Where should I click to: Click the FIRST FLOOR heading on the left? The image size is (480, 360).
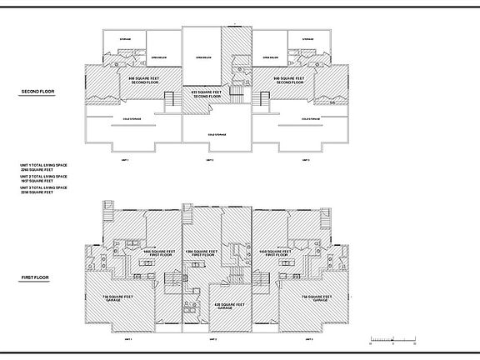pyautogui.click(x=35, y=277)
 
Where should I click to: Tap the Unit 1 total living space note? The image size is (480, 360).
pyautogui.click(x=43, y=167)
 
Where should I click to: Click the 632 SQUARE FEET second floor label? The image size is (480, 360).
pyautogui.click(x=207, y=94)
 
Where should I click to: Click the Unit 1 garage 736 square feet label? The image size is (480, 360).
pyautogui.click(x=117, y=297)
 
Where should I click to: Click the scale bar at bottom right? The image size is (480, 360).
pyautogui.click(x=392, y=339)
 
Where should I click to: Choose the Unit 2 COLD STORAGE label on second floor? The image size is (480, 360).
pyautogui.click(x=217, y=134)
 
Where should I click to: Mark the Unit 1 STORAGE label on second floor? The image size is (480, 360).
pyautogui.click(x=125, y=39)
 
